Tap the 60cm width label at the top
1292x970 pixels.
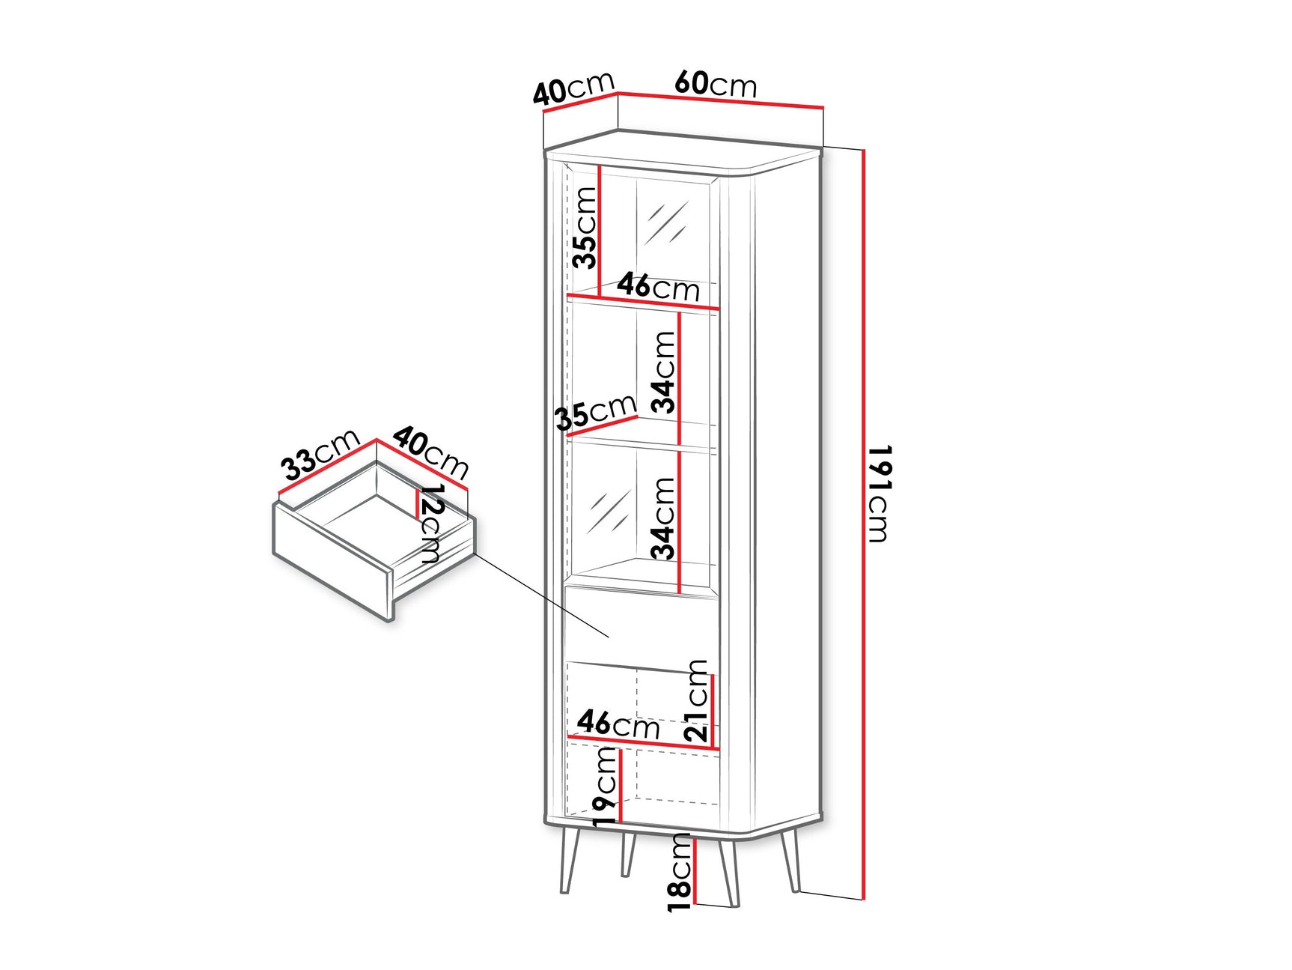click(x=716, y=83)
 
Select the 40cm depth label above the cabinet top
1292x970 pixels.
click(x=573, y=88)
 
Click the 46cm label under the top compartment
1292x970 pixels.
click(x=658, y=287)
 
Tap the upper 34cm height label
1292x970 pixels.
click(x=663, y=372)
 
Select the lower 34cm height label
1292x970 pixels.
click(x=663, y=518)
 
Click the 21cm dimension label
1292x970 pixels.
click(x=696, y=700)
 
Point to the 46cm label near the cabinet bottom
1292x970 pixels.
click(x=618, y=724)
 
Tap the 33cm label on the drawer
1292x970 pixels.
click(x=321, y=455)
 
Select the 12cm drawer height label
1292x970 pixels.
click(x=431, y=524)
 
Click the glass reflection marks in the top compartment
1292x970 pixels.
click(x=666, y=222)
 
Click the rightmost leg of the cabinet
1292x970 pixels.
click(x=790, y=861)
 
